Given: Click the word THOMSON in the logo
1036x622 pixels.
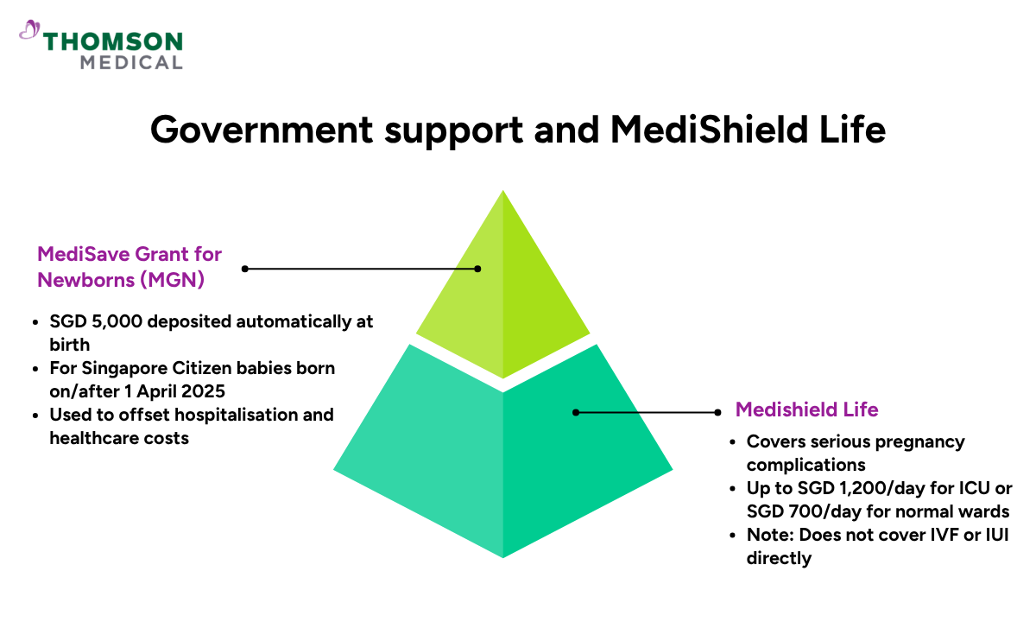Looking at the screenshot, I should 113,41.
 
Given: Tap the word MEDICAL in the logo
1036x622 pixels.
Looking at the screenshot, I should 130,62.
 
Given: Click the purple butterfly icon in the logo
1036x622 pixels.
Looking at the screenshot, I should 29,31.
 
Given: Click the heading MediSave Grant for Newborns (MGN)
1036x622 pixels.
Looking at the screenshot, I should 129,267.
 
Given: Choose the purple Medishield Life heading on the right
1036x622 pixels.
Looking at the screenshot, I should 806,409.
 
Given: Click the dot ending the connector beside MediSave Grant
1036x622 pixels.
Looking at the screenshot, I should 245,269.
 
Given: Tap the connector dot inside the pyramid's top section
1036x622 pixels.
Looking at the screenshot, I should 477,269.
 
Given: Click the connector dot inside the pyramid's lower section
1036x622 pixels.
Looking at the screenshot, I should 576,413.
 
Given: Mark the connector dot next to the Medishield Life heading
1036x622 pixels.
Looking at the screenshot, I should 717,413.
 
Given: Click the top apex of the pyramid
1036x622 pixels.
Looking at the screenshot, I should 502,192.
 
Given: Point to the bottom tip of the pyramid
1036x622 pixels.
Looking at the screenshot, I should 502,556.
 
